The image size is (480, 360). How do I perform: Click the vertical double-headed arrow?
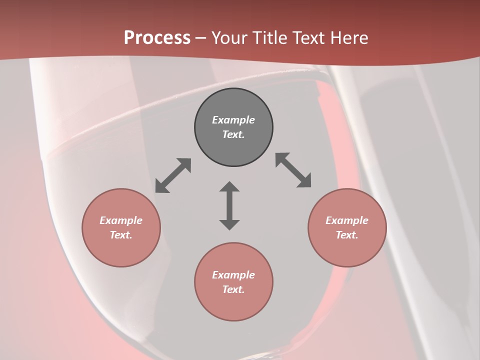pyautogui.click(x=229, y=205)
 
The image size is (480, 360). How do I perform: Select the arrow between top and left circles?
pyautogui.click(x=173, y=175)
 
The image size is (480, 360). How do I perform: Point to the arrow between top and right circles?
pyautogui.click(x=293, y=170)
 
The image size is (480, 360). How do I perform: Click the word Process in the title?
pyautogui.click(x=157, y=37)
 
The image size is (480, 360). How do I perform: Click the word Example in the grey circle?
pyautogui.click(x=233, y=120)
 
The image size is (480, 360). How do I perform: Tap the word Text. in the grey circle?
pyautogui.click(x=233, y=134)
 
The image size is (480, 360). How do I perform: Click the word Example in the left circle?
pyautogui.click(x=121, y=220)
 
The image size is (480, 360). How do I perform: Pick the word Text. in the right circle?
pyautogui.click(x=347, y=235)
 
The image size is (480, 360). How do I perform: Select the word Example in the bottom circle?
pyautogui.click(x=233, y=275)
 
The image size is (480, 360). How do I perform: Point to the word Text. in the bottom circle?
pyautogui.click(x=233, y=289)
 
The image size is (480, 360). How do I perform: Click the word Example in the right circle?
pyautogui.click(x=347, y=220)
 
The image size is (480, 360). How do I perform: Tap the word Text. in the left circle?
pyautogui.click(x=121, y=235)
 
